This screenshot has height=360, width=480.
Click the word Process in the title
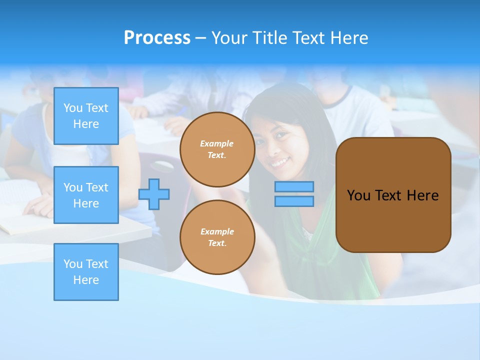click(x=157, y=38)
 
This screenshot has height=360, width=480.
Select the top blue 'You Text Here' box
click(x=86, y=116)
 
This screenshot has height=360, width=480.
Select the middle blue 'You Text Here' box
click(x=86, y=195)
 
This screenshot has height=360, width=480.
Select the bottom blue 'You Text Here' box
click(x=86, y=271)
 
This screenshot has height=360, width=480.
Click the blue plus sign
click(x=154, y=194)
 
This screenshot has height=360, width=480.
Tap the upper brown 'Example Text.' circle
click(x=217, y=149)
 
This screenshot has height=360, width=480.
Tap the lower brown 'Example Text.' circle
click(x=217, y=237)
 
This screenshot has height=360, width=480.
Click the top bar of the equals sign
click(x=294, y=187)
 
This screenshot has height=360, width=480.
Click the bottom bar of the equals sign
click(x=294, y=201)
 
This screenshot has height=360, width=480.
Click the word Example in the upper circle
click(x=217, y=143)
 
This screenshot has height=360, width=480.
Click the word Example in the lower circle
click(x=217, y=231)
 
